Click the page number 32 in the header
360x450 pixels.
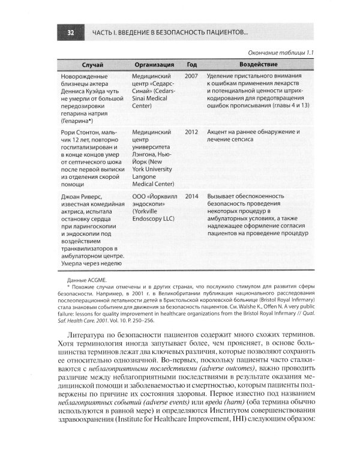pyautogui.click(x=70, y=32)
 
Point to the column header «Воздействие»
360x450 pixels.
pyautogui.click(x=257, y=64)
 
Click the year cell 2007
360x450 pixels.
pyautogui.click(x=191, y=77)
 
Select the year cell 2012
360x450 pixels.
pyautogui.click(x=191, y=131)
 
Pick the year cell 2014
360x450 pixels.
pyautogui.click(x=191, y=196)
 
